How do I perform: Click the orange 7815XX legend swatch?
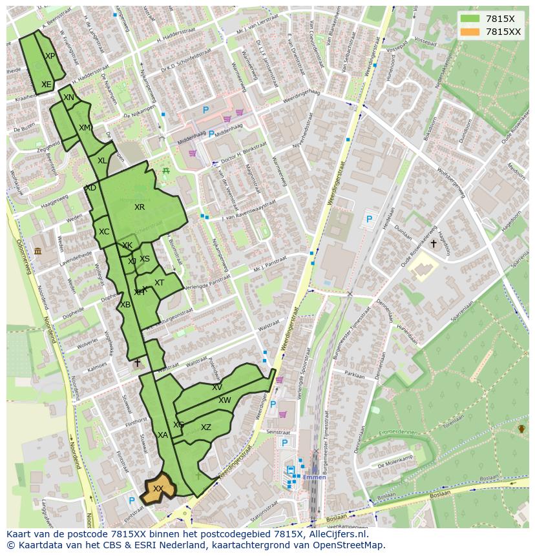470,32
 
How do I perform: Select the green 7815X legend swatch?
470,19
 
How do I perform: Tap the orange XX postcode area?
157,489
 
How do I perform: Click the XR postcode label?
140,207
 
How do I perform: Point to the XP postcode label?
50,56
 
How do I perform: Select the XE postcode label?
46,85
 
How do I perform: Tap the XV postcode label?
217,387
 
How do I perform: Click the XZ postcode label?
206,427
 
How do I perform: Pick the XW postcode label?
224,400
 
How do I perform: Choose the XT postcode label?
159,283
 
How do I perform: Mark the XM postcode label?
85,128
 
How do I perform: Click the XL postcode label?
102,161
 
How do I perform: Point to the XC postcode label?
104,232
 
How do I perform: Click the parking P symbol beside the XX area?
132,500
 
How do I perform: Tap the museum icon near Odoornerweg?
37,251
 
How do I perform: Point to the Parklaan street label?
355,374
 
